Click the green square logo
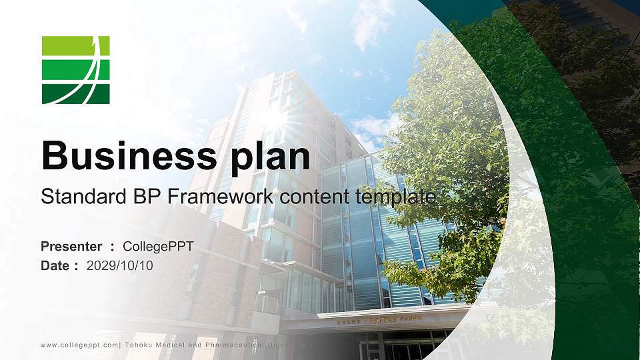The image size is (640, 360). pyautogui.click(x=75, y=70)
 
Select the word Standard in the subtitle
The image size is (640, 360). pyautogui.click(x=73, y=197)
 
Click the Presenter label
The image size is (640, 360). pyautogui.click(x=71, y=247)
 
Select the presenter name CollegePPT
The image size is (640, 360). pyautogui.click(x=158, y=247)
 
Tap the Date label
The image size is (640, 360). pyautogui.click(x=55, y=266)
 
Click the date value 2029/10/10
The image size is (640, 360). pyautogui.click(x=120, y=266)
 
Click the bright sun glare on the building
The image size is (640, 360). pyautogui.click(x=273, y=117)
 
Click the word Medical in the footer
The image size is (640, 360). pyautogui.click(x=177, y=345)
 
